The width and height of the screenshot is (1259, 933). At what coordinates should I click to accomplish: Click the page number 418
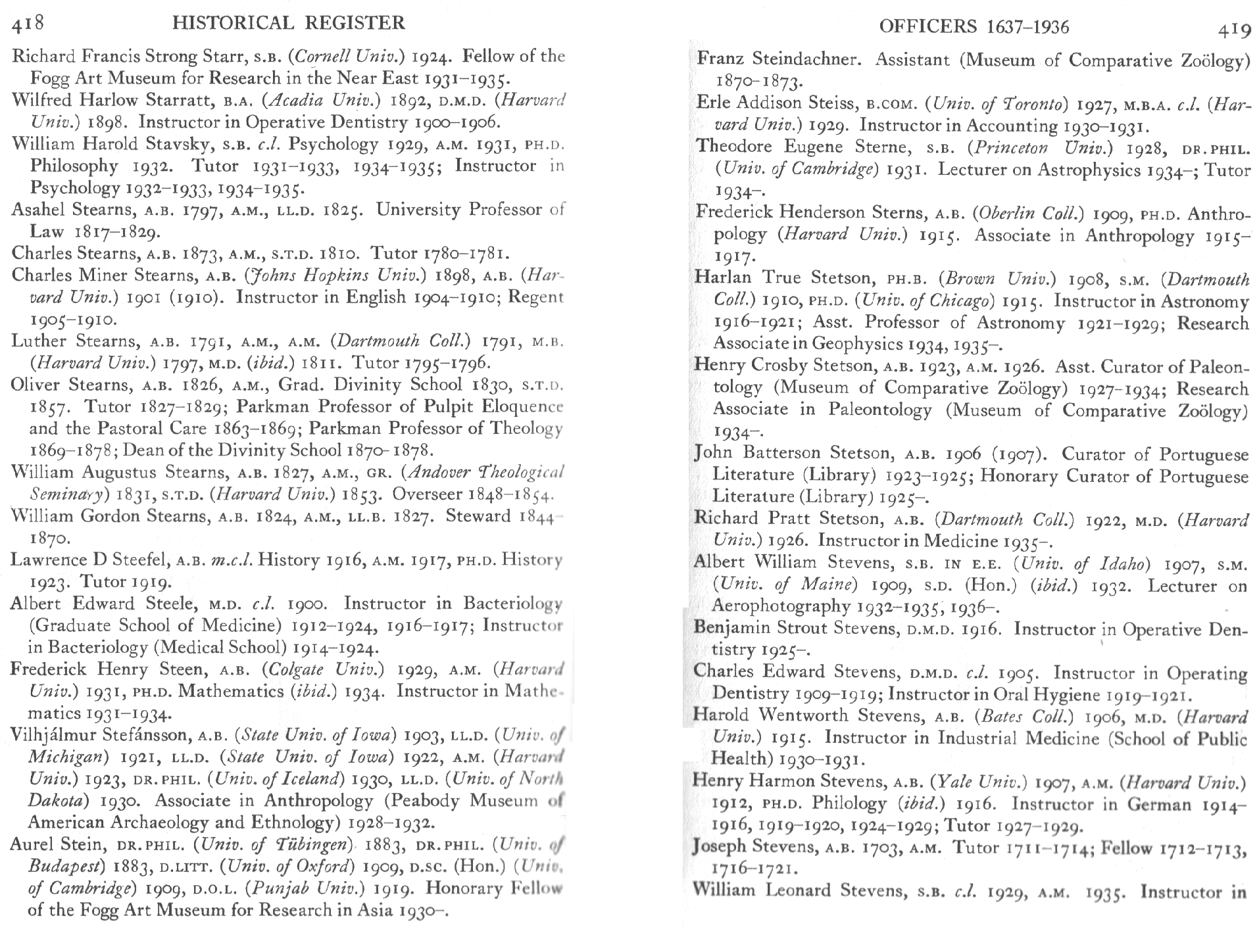pyautogui.click(x=28, y=23)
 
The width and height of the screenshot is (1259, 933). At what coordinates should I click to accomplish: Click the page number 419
pyautogui.click(x=1233, y=30)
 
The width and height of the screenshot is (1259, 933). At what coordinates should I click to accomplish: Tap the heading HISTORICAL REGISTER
pyautogui.click(x=288, y=24)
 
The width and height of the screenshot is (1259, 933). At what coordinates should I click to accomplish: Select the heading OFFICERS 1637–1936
pyautogui.click(x=974, y=27)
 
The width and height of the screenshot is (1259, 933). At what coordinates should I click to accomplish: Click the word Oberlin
pyautogui.click(x=1006, y=214)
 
